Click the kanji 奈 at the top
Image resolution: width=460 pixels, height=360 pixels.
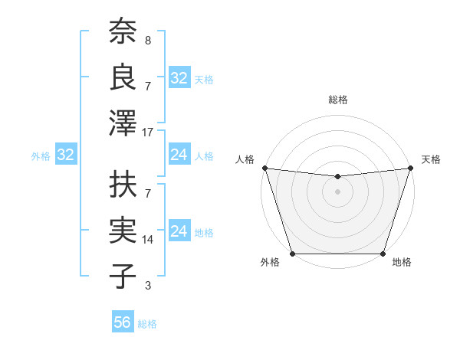[123, 31]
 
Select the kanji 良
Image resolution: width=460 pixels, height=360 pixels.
[123, 78]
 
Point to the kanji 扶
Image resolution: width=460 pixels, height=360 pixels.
[123, 185]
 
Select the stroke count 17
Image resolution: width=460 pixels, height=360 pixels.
[148, 133]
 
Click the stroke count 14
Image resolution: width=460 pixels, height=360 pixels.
[148, 240]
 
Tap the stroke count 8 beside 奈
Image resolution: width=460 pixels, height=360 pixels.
[147, 40]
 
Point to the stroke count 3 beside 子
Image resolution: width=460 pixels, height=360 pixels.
[147, 286]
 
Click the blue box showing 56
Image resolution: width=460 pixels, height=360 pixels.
[123, 322]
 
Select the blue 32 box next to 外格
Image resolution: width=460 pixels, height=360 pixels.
[65, 155]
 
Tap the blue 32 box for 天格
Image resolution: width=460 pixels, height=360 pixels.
[179, 78]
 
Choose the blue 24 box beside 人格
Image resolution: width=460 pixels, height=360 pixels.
[179, 155]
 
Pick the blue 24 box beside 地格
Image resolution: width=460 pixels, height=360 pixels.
[179, 231]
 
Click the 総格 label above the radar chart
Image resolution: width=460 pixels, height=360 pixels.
[337, 100]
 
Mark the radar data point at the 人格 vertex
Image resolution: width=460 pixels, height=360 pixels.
[264, 168]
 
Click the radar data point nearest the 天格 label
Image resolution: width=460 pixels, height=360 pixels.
[410, 168]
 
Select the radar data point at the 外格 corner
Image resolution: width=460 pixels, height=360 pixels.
[292, 254]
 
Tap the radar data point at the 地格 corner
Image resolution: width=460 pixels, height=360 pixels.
[383, 254]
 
